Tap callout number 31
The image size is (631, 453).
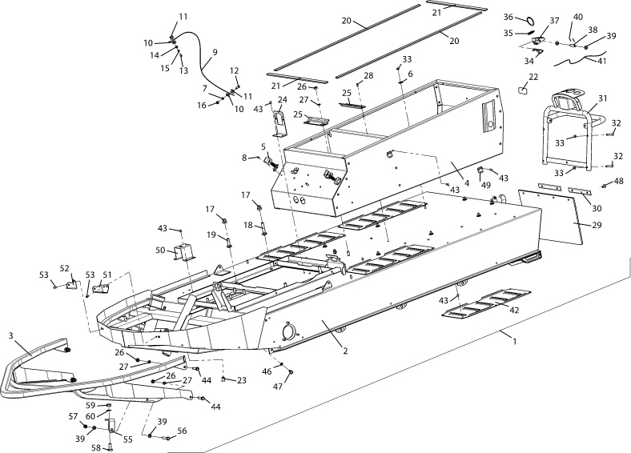coord(603,98)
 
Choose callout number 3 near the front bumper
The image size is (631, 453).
coord(11,334)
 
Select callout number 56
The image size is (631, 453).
coord(182,431)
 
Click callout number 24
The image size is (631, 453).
coord(282,101)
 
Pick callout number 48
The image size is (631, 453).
coord(619,182)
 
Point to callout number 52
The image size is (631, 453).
coord(65,268)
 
